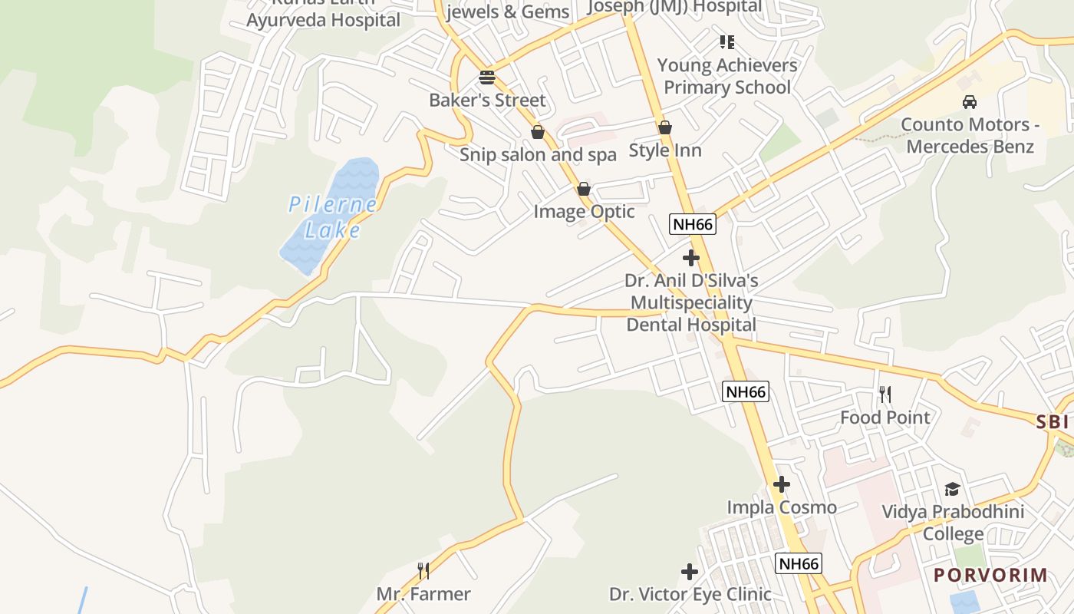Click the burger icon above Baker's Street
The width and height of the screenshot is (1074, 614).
[x=487, y=78]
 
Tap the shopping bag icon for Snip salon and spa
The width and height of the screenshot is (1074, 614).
[x=538, y=132]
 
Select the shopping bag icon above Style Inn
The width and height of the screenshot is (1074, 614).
[x=665, y=127]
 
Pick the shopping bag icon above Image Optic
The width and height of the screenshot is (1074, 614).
[x=584, y=189]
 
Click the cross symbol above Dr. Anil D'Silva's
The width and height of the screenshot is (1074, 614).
[x=691, y=258]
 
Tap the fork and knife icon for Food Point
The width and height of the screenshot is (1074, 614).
[x=885, y=394]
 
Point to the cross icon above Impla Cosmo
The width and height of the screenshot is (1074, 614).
[x=782, y=485]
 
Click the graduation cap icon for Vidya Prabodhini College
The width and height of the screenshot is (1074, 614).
[x=952, y=489]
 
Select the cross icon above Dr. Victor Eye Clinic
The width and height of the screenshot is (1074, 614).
[x=690, y=572]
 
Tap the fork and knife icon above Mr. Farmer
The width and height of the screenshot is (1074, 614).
[x=423, y=571]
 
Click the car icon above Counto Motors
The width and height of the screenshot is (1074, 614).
[x=970, y=102]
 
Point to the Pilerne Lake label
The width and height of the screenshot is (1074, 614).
[x=332, y=217]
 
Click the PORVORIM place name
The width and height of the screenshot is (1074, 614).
[x=990, y=575]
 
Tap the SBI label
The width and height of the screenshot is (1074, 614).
[x=1052, y=421]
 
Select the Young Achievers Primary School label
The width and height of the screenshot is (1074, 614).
[x=726, y=76]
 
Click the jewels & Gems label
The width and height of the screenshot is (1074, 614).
[x=508, y=12]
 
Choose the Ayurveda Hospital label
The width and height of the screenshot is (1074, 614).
[x=323, y=20]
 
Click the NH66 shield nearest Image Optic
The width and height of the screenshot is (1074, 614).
[x=693, y=224]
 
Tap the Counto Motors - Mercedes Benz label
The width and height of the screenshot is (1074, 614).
[x=970, y=135]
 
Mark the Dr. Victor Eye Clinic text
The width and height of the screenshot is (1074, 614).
[x=690, y=594]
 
